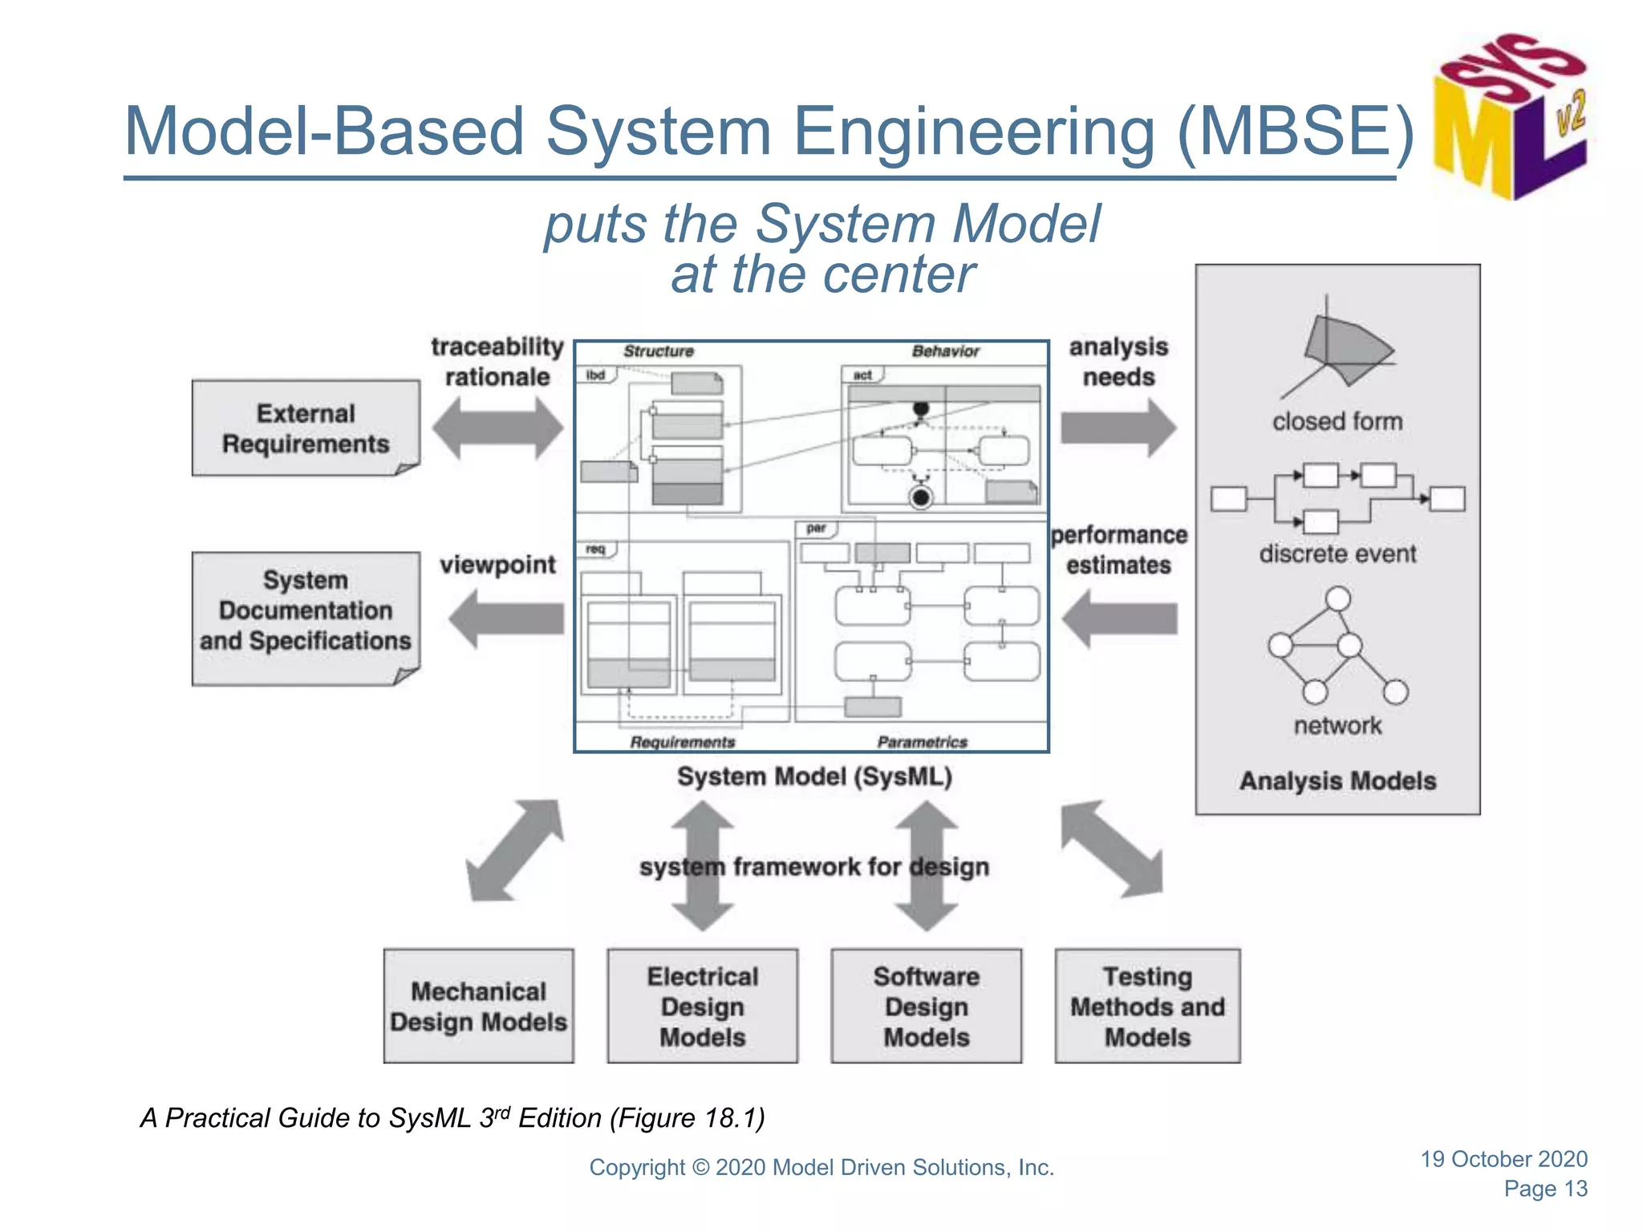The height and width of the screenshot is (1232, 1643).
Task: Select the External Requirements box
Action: (x=306, y=428)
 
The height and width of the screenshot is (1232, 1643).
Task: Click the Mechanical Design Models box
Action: (x=478, y=1007)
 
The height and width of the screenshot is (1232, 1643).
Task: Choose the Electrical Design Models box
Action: (x=702, y=1007)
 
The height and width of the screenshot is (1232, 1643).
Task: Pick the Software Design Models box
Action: (x=926, y=1007)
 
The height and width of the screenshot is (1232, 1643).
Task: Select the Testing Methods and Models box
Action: (x=1147, y=1007)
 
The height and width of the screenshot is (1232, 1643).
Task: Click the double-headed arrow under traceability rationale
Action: (x=497, y=428)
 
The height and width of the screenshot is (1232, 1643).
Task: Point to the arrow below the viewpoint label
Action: (x=507, y=618)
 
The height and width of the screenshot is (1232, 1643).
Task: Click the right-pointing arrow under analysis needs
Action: (x=1118, y=428)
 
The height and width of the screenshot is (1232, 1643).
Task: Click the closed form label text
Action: (x=1337, y=421)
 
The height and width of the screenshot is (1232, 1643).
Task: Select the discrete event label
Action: (x=1337, y=553)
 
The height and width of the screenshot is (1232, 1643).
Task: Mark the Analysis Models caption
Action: (x=1337, y=780)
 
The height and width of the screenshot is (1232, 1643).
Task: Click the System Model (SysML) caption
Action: (x=814, y=776)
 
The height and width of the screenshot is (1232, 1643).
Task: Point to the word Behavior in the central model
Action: (x=945, y=351)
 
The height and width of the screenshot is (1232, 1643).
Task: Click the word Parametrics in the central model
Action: (x=922, y=742)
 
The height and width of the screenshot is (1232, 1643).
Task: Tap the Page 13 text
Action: (x=1545, y=1189)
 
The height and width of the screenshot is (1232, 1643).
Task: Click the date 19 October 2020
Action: (x=1503, y=1159)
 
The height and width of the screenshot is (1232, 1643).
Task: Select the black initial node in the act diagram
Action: (x=921, y=409)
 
